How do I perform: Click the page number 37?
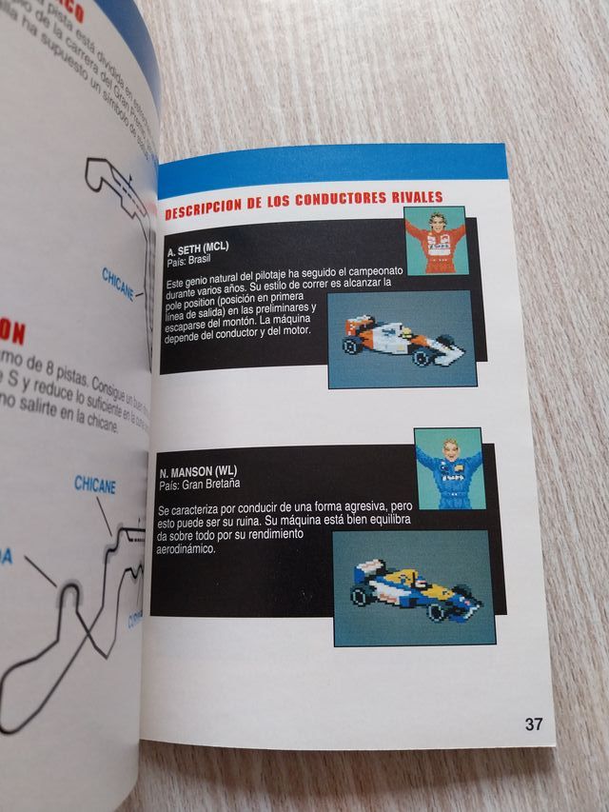534,723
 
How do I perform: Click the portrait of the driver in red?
435,241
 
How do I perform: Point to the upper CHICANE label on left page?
119,283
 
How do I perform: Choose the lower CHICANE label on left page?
95,485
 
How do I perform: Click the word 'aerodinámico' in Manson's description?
190,550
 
